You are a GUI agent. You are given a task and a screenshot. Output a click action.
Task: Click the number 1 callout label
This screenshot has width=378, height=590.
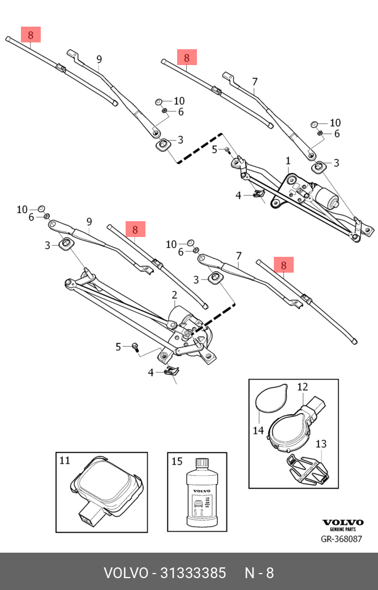(x=287, y=161)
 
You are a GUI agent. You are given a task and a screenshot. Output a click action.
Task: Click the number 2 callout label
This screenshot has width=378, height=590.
(x=174, y=295)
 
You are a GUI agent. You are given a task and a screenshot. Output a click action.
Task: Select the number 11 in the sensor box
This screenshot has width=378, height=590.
(x=65, y=460)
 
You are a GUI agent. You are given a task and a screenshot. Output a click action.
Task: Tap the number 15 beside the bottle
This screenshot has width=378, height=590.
(x=177, y=461)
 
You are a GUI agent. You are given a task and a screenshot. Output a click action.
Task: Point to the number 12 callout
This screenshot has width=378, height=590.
(x=302, y=387)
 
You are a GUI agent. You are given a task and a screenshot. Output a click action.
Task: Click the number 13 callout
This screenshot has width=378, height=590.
(x=320, y=444)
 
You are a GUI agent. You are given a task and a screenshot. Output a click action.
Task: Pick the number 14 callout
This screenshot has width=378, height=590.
(x=258, y=430)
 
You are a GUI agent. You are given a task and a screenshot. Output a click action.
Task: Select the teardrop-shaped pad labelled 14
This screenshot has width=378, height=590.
(x=270, y=397)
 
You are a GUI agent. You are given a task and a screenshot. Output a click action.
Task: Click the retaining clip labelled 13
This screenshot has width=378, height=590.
(x=308, y=469)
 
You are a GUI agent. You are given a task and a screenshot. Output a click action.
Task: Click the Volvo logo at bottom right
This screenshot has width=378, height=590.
(x=342, y=523)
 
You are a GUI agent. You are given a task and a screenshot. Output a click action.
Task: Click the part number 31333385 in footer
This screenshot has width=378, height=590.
(x=194, y=572)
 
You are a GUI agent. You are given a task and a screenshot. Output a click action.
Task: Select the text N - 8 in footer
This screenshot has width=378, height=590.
(x=259, y=572)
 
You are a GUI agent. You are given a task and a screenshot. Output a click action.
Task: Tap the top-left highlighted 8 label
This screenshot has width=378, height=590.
(x=31, y=35)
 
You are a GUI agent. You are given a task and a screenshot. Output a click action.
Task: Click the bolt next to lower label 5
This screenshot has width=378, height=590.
(x=136, y=346)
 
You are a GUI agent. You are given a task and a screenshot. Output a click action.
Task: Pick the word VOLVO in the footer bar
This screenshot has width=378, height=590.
(x=124, y=572)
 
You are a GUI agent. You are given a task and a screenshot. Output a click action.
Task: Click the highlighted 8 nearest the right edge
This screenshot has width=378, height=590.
(x=284, y=264)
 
